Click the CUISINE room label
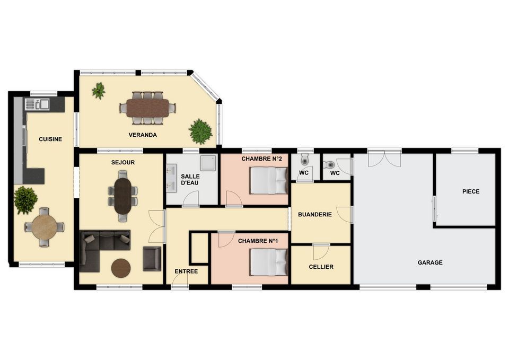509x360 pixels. tap(50, 139)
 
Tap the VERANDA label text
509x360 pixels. tap(143, 135)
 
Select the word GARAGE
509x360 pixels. tap(430, 262)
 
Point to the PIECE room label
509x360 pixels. tap(471, 191)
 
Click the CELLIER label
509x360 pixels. tap(321, 267)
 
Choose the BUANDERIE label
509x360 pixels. tap(315, 215)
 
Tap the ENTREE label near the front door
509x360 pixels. tap(186, 271)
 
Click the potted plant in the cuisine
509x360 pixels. tap(25, 200)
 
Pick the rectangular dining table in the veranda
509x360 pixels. tap(148, 108)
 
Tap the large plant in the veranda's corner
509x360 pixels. tap(200, 131)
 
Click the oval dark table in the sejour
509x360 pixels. tap(122, 196)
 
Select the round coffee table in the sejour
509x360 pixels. tap(121, 268)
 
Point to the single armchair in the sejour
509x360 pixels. tap(152, 258)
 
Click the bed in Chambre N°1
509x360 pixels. tap(269, 262)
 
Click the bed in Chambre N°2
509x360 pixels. tap(269, 180)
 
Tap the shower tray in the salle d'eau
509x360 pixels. tap(208, 163)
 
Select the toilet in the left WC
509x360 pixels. tap(304, 160)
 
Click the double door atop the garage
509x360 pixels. tap(384, 159)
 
